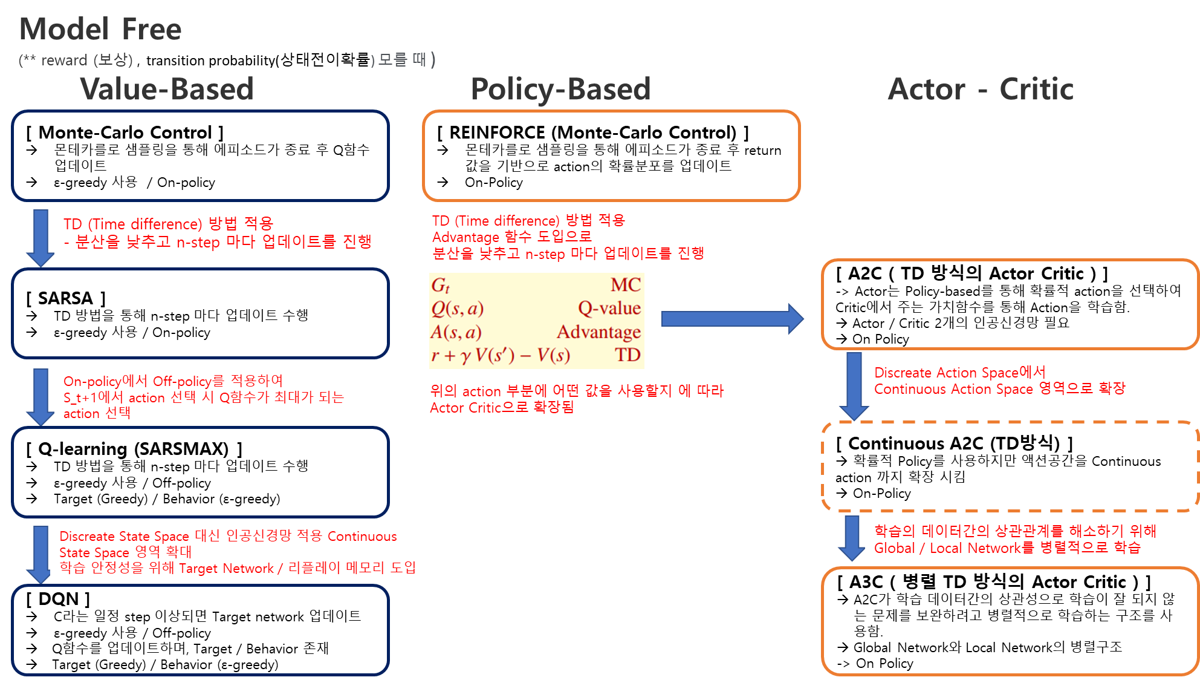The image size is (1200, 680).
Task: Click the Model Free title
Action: tap(100, 29)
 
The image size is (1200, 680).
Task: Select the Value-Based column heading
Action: tap(167, 89)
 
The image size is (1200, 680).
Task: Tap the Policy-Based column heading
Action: tap(560, 89)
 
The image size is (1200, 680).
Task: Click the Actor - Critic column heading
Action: tap(980, 89)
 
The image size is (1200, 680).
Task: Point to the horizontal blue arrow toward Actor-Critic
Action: tap(732, 319)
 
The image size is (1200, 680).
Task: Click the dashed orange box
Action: tap(1010, 466)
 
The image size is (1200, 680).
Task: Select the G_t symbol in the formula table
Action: tap(440, 285)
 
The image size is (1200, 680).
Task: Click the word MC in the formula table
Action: tap(625, 285)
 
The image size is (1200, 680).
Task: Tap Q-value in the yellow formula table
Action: tap(609, 309)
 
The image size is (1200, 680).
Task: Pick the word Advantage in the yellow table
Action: tap(598, 332)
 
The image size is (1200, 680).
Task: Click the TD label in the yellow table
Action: tap(628, 355)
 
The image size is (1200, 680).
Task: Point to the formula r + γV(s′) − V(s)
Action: tap(501, 355)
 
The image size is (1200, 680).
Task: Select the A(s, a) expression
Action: tap(456, 332)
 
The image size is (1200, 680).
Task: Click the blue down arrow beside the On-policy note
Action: tap(41, 396)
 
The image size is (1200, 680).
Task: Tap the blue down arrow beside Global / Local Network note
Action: tap(852, 537)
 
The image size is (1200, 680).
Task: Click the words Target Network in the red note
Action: tap(226, 569)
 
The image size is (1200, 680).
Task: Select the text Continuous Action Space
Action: tap(953, 389)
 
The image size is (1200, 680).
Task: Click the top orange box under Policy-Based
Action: tap(611, 155)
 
